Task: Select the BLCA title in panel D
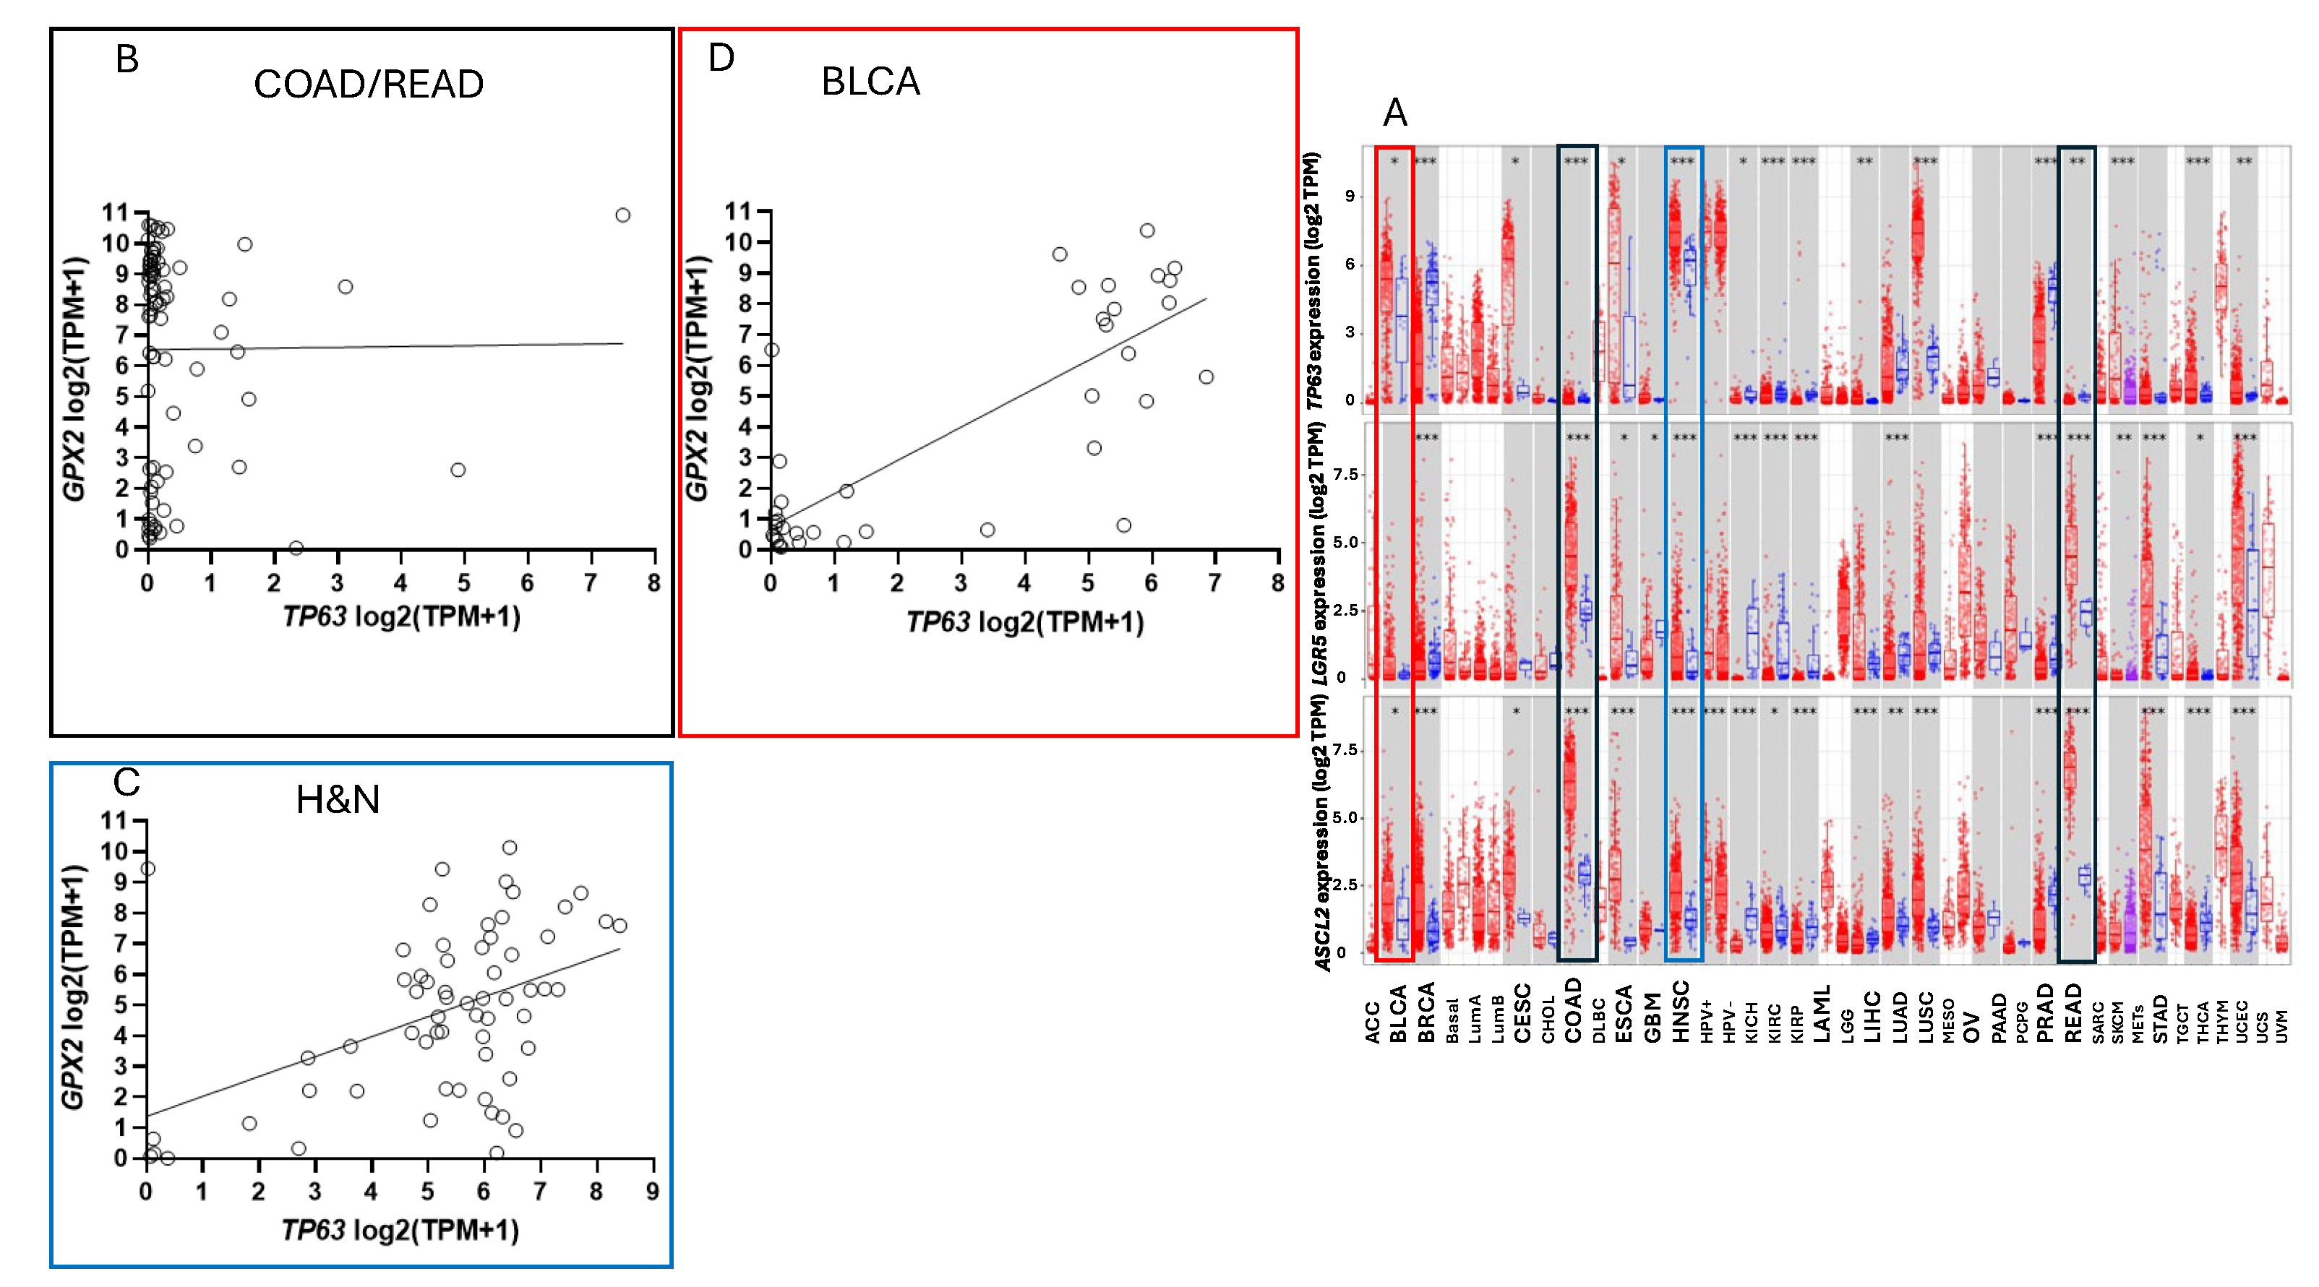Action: [870, 82]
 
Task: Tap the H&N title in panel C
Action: [338, 799]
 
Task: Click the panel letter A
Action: [1394, 113]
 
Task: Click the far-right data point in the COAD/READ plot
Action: [622, 215]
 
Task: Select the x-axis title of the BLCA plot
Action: [1024, 622]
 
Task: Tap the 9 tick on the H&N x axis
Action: [653, 1192]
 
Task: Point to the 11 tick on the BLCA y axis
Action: [738, 212]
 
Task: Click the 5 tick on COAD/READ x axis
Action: [463, 583]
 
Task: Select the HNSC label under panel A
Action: [1680, 1012]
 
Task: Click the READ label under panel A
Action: [2073, 1012]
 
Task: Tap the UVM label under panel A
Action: [2281, 1026]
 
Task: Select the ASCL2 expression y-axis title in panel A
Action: [1321, 832]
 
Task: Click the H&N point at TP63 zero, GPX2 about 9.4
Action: [148, 869]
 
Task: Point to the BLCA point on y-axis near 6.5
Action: [771, 350]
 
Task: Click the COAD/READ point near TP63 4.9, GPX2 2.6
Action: [458, 470]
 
